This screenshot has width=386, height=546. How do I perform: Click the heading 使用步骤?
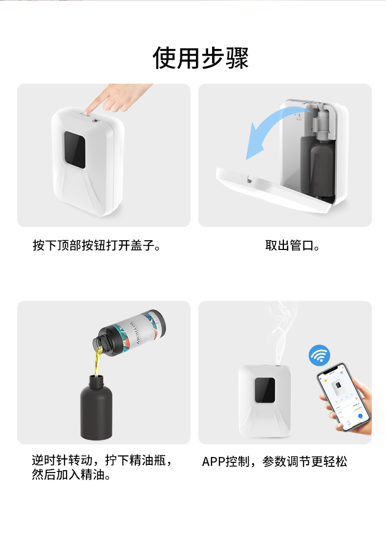(x=200, y=58)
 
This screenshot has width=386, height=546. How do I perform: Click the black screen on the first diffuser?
(x=75, y=149)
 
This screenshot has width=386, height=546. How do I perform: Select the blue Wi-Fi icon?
(x=320, y=356)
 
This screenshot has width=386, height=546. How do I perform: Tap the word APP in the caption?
(x=214, y=461)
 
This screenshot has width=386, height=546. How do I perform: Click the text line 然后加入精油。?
(x=71, y=475)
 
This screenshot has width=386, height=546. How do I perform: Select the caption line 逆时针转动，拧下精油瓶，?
(x=103, y=460)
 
